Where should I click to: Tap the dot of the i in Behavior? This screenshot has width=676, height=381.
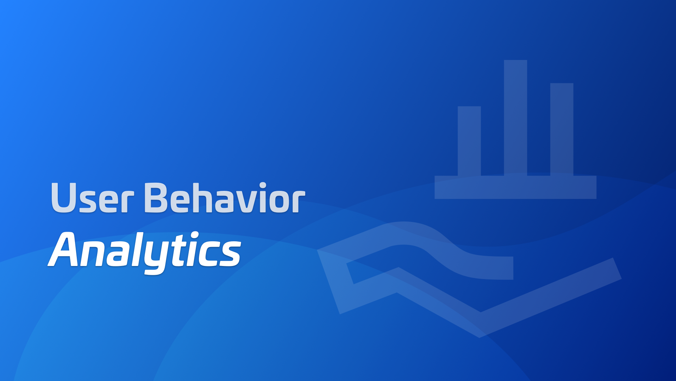click(263, 186)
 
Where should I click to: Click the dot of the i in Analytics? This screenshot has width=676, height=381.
click(194, 235)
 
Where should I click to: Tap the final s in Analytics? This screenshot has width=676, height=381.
click(230, 254)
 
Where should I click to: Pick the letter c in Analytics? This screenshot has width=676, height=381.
click(209, 254)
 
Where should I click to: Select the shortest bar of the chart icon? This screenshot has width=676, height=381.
click(469, 141)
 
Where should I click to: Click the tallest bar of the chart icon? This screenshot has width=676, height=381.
click(515, 118)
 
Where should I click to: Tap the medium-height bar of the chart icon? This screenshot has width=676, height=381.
click(562, 129)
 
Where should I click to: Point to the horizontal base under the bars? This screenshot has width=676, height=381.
click(515, 187)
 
